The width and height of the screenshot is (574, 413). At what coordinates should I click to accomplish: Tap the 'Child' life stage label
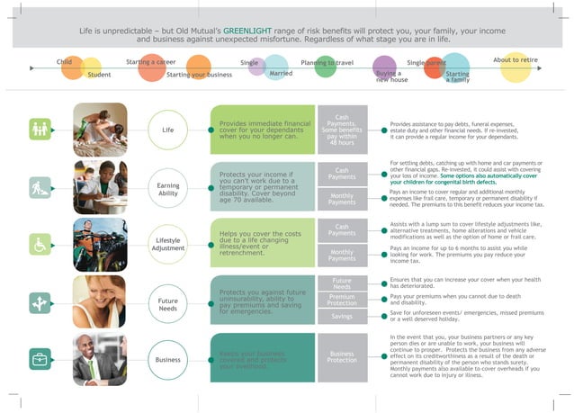[x=65, y=61]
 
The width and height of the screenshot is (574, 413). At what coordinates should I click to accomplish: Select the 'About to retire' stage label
[x=516, y=60]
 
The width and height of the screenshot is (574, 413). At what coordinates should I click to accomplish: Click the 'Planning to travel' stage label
[x=327, y=63]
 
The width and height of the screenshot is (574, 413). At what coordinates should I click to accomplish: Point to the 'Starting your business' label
[x=200, y=74]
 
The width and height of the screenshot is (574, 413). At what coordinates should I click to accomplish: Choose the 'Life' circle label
[x=168, y=130]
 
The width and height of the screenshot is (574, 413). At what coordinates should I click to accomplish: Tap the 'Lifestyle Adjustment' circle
[x=168, y=243]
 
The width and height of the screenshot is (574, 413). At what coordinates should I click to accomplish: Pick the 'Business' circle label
[x=168, y=359]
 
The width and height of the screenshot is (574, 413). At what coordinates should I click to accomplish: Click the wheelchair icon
[x=40, y=243]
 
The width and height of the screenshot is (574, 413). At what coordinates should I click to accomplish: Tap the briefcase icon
[x=40, y=359]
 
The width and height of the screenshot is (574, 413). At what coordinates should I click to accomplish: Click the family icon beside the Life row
[x=40, y=130]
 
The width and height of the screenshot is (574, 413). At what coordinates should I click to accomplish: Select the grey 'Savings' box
[x=342, y=317]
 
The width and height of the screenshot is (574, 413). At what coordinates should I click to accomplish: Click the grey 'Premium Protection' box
[x=342, y=300]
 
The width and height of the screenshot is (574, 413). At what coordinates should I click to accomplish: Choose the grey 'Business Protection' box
[x=342, y=357]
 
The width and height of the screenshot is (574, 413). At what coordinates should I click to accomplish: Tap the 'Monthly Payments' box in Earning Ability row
[x=342, y=200]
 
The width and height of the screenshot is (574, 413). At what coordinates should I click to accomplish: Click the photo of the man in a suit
[x=100, y=358]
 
